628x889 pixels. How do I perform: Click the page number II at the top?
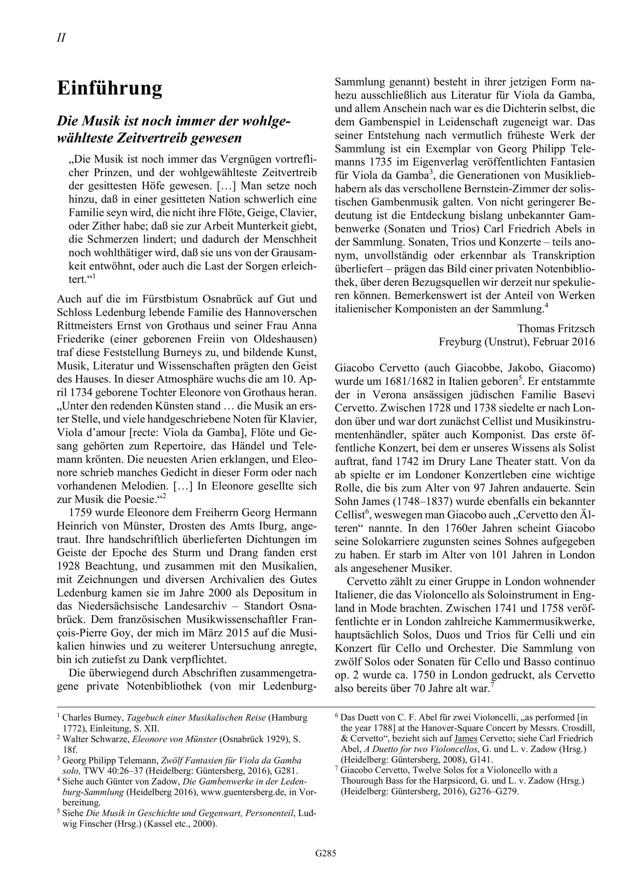[x=61, y=38]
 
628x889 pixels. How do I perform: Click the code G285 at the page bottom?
[x=326, y=864]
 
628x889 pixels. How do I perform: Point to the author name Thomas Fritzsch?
[x=556, y=329]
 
